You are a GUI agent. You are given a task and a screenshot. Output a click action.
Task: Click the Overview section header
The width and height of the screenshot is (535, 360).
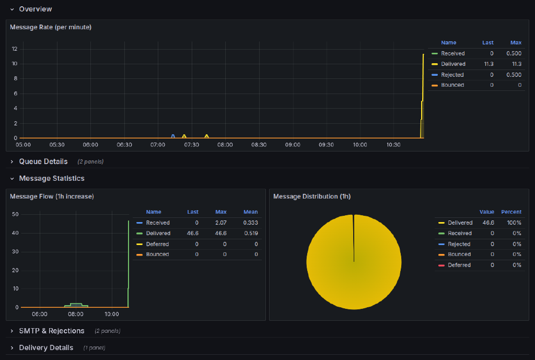coord(35,9)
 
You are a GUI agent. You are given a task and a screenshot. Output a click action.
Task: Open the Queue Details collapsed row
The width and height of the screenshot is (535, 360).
coord(43,161)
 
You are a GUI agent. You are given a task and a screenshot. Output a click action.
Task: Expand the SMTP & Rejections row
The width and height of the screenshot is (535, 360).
coord(51,331)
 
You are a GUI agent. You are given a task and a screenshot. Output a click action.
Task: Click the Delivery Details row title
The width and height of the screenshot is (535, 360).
coord(46,347)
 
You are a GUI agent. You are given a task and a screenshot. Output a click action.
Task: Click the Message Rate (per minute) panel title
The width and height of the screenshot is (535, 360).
coord(51,27)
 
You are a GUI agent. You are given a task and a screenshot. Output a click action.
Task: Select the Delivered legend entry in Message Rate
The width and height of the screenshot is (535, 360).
coord(452,64)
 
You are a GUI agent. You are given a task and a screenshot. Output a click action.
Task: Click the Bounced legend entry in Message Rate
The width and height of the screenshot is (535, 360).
coord(452,85)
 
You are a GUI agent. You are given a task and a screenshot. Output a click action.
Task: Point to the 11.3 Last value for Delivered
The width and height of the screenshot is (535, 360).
coord(489,64)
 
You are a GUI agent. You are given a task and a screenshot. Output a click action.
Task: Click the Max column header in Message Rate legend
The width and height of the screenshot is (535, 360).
coord(516,43)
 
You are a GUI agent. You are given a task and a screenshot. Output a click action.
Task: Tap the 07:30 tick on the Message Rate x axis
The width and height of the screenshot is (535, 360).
coord(191,145)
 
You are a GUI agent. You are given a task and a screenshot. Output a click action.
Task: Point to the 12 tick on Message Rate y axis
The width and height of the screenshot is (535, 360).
coord(15,49)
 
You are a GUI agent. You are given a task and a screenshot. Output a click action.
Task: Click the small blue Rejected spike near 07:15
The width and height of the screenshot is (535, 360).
coord(173,136)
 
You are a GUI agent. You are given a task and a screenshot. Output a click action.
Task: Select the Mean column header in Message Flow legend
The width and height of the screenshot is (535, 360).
coord(250,212)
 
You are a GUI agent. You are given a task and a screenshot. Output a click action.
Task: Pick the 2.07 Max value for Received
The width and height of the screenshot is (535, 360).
coord(220,223)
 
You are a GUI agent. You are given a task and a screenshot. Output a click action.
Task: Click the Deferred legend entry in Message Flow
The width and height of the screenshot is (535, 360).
coord(157,243)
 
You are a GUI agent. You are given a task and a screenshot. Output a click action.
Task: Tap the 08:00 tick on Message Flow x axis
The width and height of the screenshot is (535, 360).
coord(76,314)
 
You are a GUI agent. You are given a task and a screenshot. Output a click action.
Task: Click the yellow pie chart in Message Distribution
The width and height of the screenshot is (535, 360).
coord(354,261)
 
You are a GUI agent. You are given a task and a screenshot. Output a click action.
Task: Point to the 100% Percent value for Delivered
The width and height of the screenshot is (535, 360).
coord(514,223)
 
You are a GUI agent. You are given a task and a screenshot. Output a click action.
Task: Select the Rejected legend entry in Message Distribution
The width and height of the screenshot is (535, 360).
coord(459,244)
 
